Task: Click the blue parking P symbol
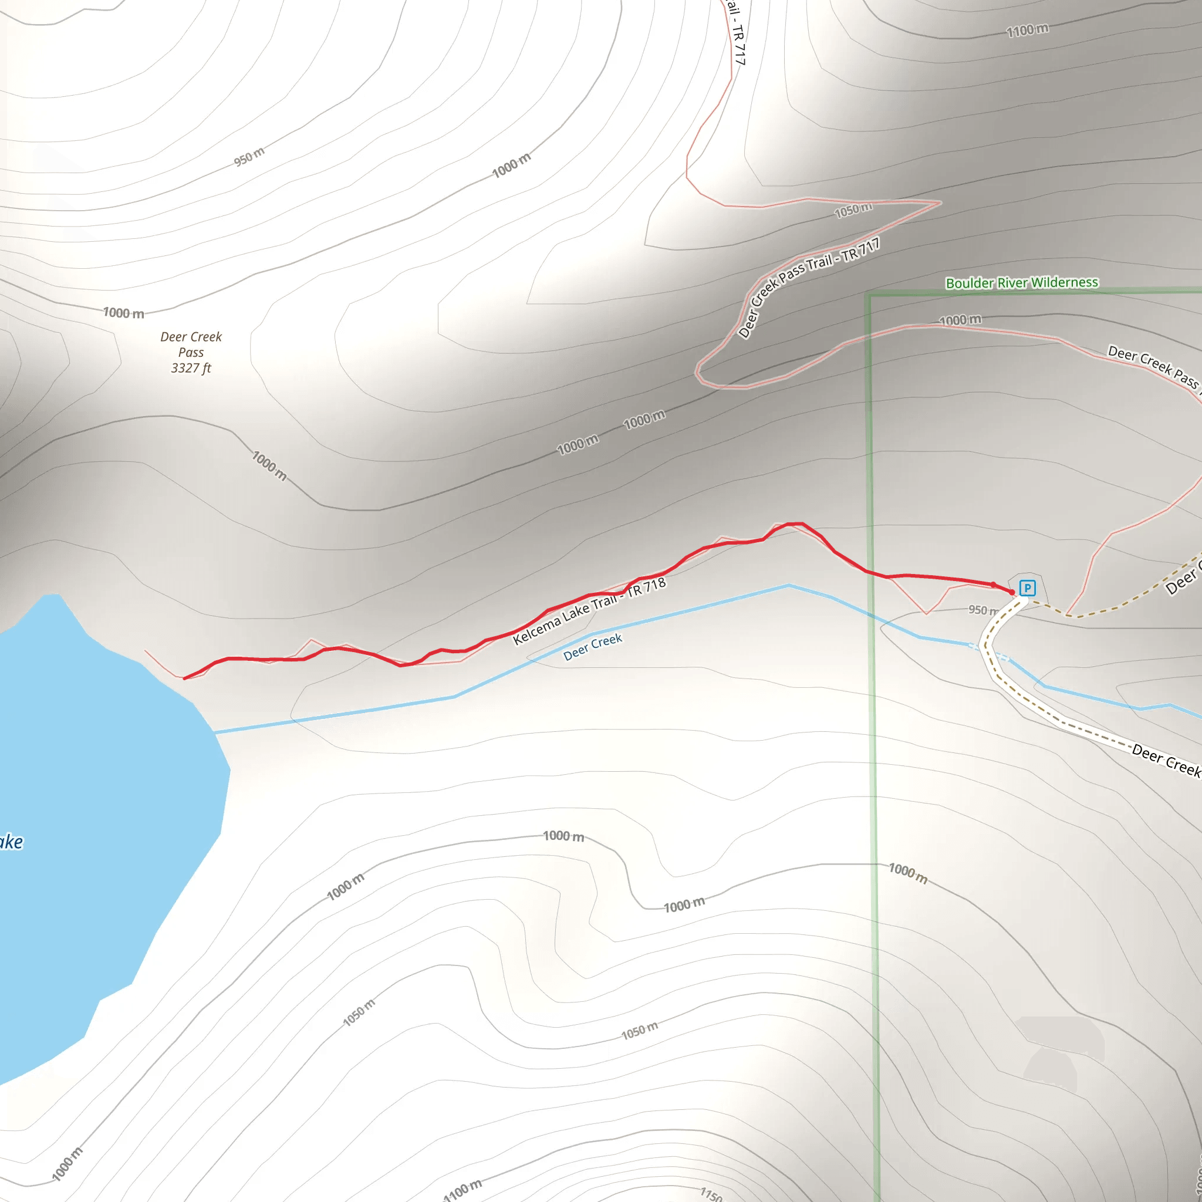pos(1027,588)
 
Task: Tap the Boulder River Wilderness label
pos(1022,282)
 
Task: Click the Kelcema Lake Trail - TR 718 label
pos(589,610)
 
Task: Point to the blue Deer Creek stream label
pos(592,646)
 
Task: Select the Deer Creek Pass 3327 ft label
pos(191,352)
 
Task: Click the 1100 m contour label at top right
pos(1027,30)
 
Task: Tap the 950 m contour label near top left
pos(249,157)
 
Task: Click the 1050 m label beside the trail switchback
pos(853,210)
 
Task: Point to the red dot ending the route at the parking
pos(1012,592)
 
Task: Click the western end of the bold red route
pos(184,678)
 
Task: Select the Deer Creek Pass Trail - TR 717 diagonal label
pos(808,287)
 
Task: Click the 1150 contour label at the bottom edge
pos(711,1194)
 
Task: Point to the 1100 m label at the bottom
pos(463,1189)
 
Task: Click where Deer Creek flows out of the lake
pos(215,732)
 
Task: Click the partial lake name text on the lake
pos(11,842)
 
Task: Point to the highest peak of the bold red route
pos(796,524)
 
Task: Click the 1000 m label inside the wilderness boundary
pos(960,320)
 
